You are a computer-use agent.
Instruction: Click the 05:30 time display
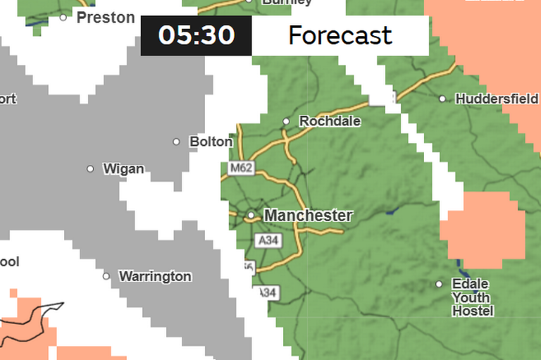pos(196,35)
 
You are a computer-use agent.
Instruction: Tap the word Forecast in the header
pos(340,35)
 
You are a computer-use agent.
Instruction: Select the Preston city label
pos(106,18)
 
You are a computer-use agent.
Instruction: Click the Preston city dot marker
pos(63,17)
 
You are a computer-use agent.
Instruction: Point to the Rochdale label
pos(330,121)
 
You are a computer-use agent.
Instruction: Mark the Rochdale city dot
pos(286,121)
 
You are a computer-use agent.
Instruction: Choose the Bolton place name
pos(211,142)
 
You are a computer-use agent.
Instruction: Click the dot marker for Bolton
pos(177,142)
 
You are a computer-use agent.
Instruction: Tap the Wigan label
pos(123,169)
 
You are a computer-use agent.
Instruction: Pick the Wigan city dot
pos(90,169)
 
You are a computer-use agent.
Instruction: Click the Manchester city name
pos(308,215)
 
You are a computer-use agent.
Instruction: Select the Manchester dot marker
pos(251,215)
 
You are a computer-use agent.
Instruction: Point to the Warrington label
pos(155,276)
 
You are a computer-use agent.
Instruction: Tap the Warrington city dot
pos(106,276)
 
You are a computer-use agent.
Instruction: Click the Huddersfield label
pos(497,99)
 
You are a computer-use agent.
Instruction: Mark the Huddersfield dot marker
pos(442,99)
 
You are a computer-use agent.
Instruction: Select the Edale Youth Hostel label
pos(471,297)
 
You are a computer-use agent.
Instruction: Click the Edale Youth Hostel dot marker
pos(439,284)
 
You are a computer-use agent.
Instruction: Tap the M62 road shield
pos(241,169)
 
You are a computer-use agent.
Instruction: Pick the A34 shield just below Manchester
pos(266,241)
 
